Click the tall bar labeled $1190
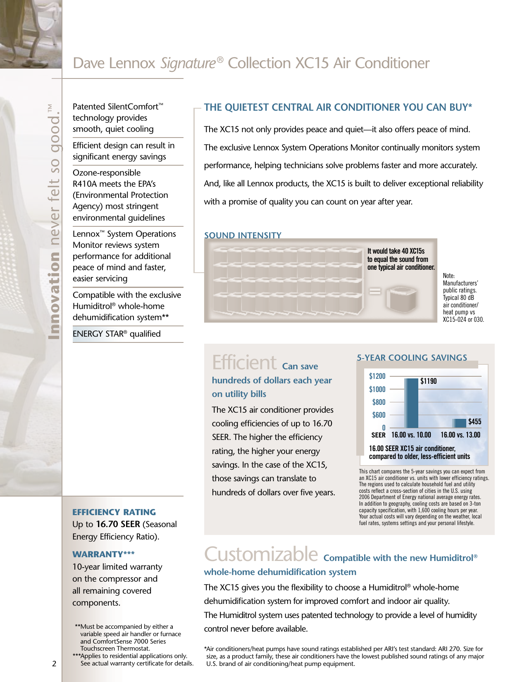pyautogui.click(x=411, y=403)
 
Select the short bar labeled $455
pyautogui.click(x=459, y=423)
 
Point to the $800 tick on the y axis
pyautogui.click(x=379, y=402)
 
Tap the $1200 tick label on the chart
pyautogui.click(x=377, y=376)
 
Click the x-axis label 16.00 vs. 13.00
pyautogui.click(x=460, y=435)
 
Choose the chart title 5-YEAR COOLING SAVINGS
pyautogui.click(x=412, y=358)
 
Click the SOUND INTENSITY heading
pyautogui.click(x=243, y=235)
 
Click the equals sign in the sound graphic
pyautogui.click(x=375, y=292)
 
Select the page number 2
pyautogui.click(x=54, y=664)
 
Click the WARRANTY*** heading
pyautogui.click(x=103, y=554)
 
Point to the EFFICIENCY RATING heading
pyautogui.click(x=114, y=512)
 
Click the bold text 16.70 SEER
pyautogui.click(x=118, y=524)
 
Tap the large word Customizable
pyautogui.click(x=261, y=555)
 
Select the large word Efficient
pyautogui.click(x=244, y=363)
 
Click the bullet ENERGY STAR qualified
pyautogui.click(x=117, y=334)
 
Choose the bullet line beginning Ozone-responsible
pyautogui.click(x=107, y=173)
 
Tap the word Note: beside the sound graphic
pyautogui.click(x=448, y=276)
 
